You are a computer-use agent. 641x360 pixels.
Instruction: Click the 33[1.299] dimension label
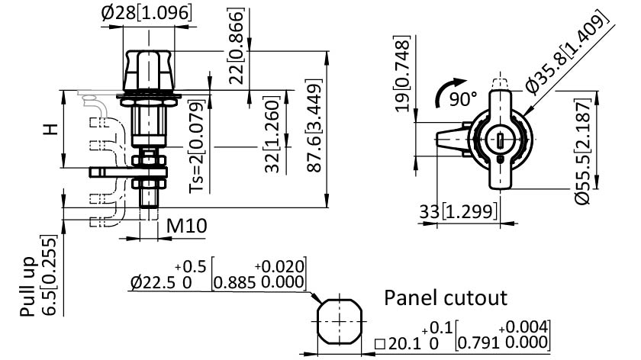[x=458, y=212]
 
